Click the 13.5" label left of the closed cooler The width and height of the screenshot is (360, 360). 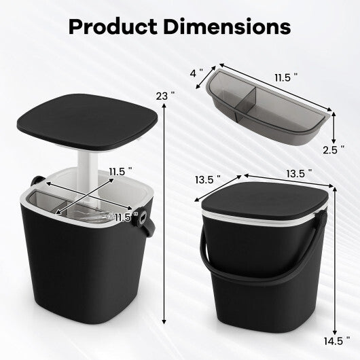point(208,180)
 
